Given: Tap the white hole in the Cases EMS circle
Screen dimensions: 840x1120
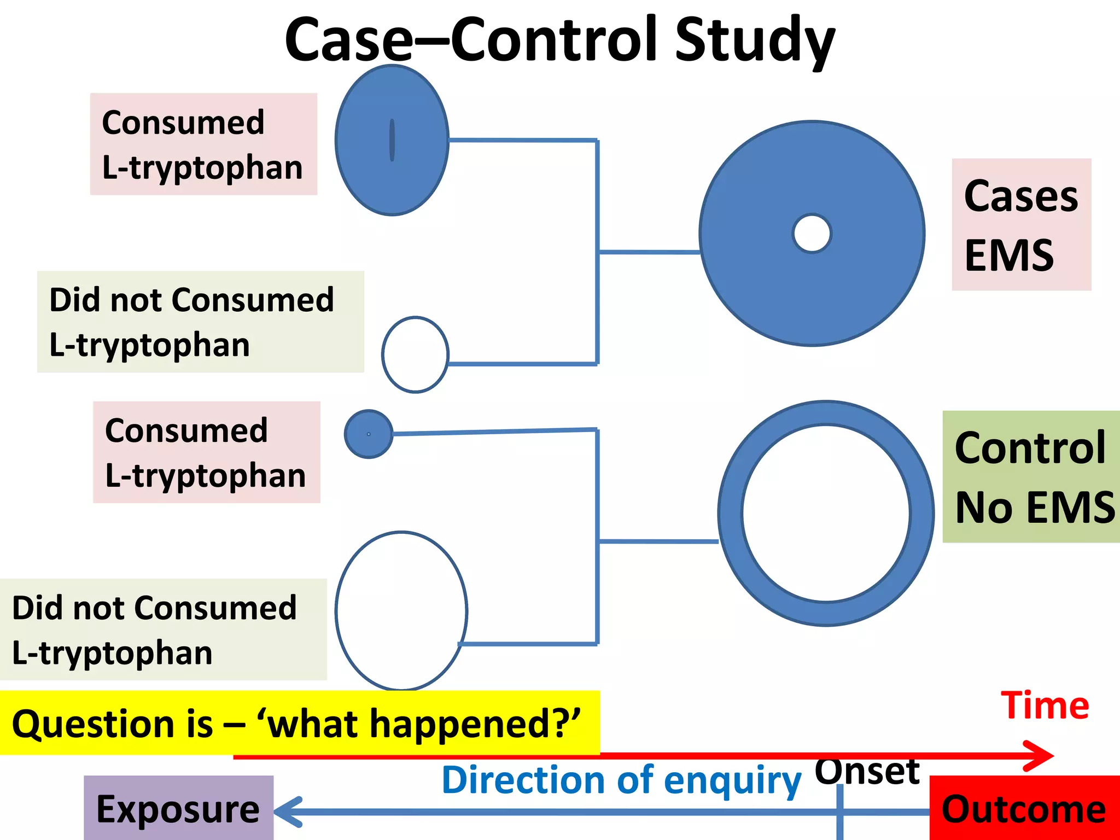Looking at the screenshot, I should point(812,234).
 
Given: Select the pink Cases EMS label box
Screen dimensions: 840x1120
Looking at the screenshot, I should point(1021,225).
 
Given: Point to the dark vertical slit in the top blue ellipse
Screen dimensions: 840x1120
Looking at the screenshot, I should point(392,140).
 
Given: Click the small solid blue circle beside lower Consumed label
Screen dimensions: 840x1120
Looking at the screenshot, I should point(369,434).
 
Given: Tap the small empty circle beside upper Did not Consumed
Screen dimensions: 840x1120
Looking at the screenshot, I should point(415,354).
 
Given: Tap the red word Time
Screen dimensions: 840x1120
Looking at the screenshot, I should point(1045,705).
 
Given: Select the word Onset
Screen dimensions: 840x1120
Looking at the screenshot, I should point(867,771).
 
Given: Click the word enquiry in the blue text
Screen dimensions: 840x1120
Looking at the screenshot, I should point(733,781).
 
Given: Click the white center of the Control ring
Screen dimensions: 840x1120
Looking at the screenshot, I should point(826,513).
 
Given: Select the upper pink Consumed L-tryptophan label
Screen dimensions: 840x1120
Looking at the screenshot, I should point(203,144).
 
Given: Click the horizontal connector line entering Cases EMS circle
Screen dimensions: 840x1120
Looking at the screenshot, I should point(650,252).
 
